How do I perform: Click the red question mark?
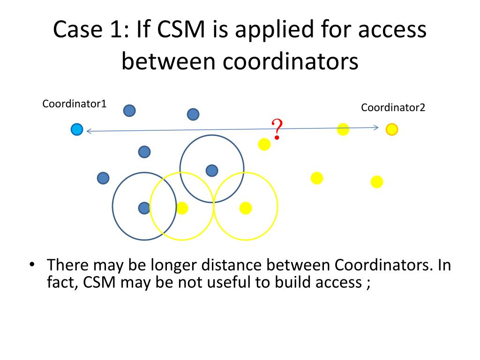[x=277, y=129]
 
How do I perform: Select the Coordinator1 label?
[x=75, y=104]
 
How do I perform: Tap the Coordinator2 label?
[x=393, y=107]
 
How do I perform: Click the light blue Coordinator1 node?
[x=77, y=129]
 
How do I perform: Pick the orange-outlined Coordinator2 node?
[x=392, y=129]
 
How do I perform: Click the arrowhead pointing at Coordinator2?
[x=375, y=127]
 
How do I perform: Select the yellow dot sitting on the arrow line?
[x=343, y=129]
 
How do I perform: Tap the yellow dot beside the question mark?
[x=264, y=144]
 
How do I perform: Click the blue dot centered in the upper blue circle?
[x=212, y=171]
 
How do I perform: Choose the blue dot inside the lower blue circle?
[x=144, y=208]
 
